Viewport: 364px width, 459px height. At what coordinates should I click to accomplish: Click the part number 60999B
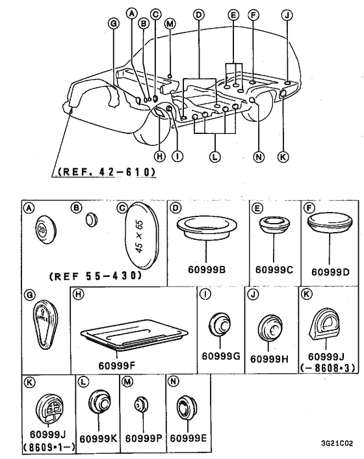207,269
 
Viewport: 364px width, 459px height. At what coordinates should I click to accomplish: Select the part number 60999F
116,365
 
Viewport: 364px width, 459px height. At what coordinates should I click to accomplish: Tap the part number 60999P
144,438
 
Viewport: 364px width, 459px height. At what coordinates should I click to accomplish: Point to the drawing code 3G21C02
337,443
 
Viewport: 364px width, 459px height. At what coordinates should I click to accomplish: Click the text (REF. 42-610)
106,172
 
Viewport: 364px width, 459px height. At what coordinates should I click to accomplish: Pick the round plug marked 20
45,229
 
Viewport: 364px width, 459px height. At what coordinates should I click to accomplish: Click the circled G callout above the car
114,23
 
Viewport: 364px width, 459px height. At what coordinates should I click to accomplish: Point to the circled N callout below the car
258,157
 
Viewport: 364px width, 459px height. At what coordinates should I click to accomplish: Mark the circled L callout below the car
214,157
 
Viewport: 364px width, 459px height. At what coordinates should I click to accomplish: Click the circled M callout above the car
170,23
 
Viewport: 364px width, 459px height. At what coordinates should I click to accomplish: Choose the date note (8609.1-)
49,447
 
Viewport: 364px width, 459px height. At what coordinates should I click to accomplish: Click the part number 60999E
188,438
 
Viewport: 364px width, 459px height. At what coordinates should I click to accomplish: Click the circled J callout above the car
287,15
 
